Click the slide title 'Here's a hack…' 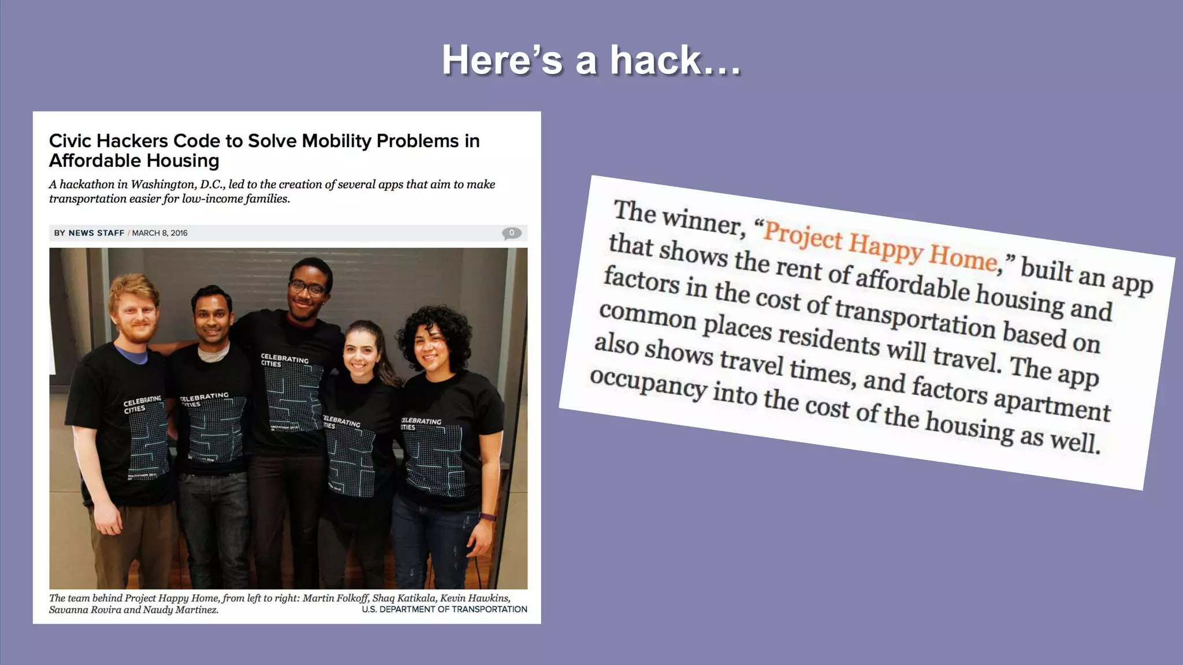pos(591,61)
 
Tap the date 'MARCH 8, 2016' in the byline pos(160,233)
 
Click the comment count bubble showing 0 pos(511,233)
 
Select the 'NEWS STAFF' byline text pos(96,233)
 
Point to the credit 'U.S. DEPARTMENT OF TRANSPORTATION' pos(444,610)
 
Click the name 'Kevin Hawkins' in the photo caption pos(475,598)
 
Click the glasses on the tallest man pos(307,287)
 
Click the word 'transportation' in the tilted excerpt pos(915,317)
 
